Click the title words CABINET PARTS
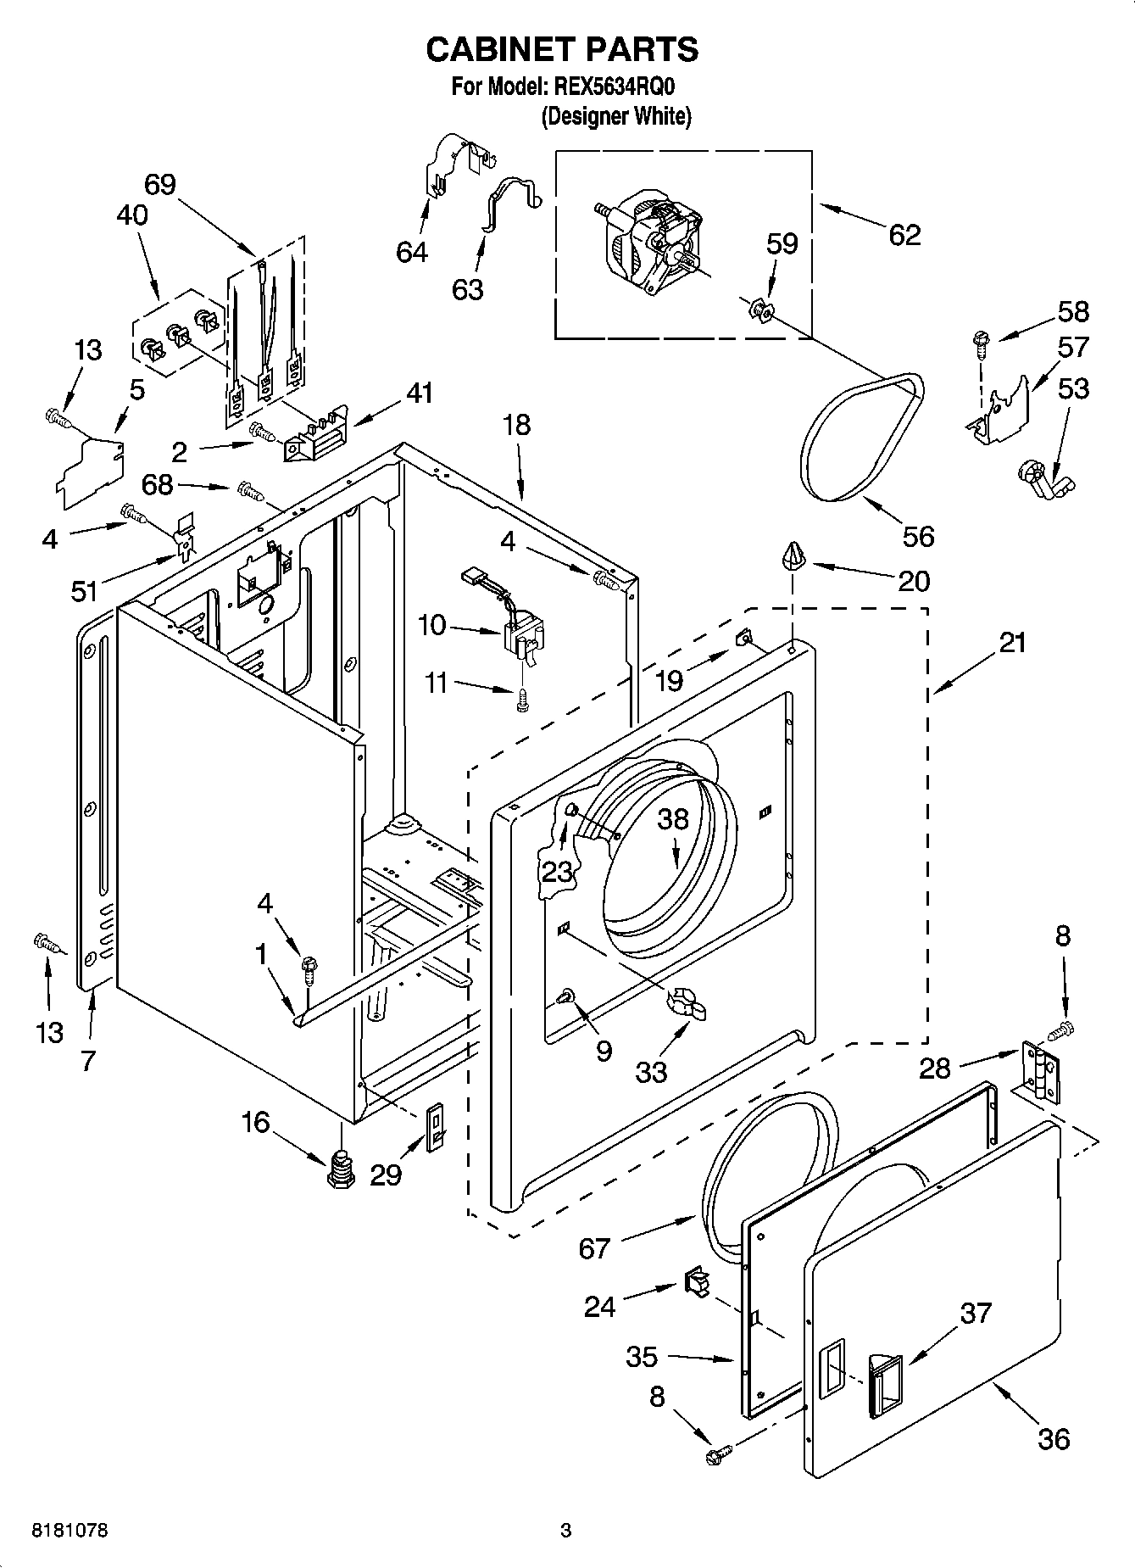coord(561,50)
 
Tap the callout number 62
coord(904,235)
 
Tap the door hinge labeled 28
coord(1040,1073)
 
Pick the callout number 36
coord(1053,1438)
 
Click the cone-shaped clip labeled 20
coord(793,555)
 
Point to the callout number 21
coord(1012,643)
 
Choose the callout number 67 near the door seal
coord(594,1247)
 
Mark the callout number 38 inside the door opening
coord(674,818)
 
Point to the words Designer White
coord(616,116)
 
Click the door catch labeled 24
coord(696,1281)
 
